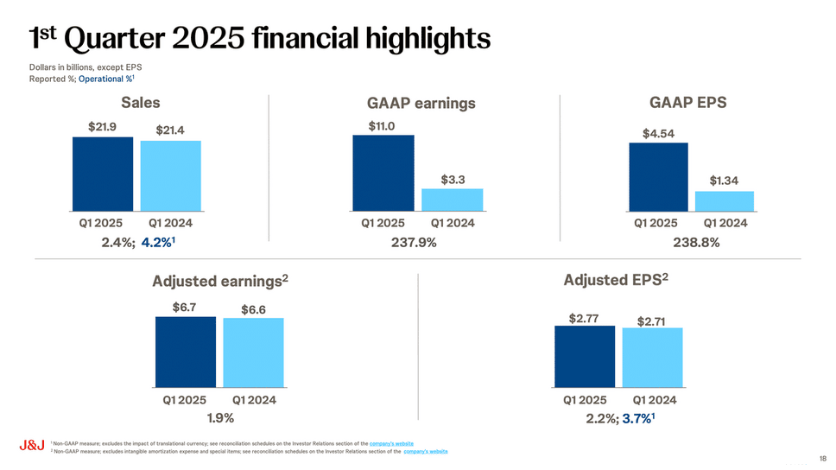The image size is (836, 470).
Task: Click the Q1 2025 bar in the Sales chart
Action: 102,173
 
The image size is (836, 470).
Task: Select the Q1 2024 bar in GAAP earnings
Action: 452,199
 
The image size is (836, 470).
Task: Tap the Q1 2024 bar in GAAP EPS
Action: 724,201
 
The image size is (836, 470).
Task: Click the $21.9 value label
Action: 102,126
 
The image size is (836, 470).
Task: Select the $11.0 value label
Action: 382,125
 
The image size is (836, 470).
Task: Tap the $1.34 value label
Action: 724,181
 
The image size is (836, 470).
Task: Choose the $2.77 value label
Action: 584,318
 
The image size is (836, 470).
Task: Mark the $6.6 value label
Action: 252,308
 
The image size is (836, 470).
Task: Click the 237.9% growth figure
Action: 414,243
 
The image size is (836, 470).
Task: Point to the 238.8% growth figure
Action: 696,243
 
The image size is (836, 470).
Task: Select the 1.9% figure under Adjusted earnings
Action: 219,419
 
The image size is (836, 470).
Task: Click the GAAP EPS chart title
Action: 687,103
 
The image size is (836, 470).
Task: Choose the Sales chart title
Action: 140,103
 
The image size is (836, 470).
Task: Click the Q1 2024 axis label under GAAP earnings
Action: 453,223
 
